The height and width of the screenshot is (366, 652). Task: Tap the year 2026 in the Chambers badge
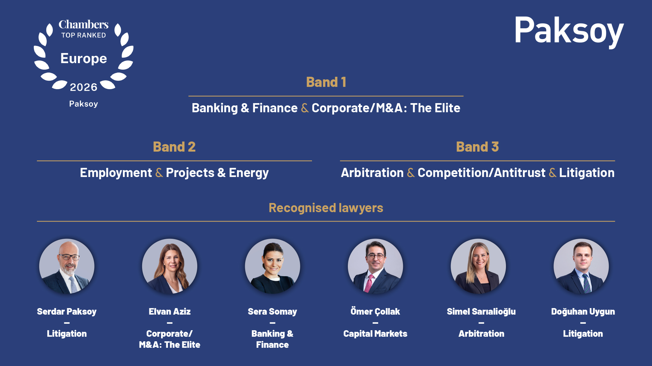coord(83,87)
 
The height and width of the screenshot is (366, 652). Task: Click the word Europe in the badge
coord(83,59)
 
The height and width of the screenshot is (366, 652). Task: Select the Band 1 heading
coord(326,82)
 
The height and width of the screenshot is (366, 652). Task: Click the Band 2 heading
coord(174,147)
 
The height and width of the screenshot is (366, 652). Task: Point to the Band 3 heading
coord(478,147)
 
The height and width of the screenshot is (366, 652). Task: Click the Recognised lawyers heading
coord(326,208)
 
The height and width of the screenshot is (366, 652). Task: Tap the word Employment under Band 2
coord(116,173)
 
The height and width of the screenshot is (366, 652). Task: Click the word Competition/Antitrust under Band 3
coord(482,173)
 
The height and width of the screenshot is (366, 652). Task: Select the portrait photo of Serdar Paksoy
coord(67,266)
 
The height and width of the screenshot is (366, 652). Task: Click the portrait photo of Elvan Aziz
coord(170,266)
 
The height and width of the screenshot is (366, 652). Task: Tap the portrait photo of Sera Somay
coord(273,266)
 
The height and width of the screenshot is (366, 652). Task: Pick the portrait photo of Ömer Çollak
coord(375,266)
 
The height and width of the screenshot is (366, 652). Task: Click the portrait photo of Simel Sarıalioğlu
coord(478,266)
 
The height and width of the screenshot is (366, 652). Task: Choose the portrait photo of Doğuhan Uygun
coord(581,266)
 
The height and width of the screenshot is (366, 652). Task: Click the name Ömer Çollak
coord(375,311)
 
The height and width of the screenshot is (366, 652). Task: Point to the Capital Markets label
coord(375,334)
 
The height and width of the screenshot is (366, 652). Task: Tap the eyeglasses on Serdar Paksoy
coord(69,257)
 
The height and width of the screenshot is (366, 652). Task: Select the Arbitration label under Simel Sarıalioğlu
coord(481,334)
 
